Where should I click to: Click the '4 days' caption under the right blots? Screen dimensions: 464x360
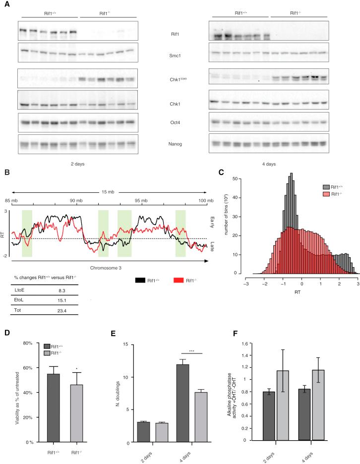click(269, 163)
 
